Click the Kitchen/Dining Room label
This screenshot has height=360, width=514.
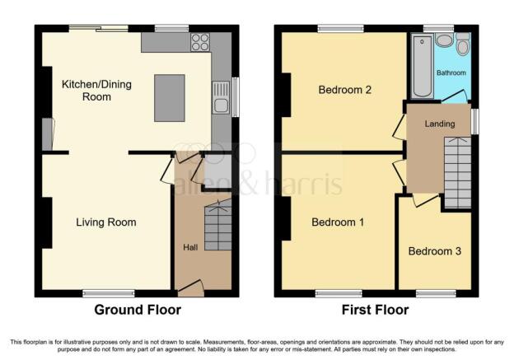tap(96, 91)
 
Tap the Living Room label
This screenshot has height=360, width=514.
tap(106, 222)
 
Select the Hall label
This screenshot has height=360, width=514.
tap(190, 247)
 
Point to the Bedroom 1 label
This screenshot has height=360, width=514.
tap(338, 222)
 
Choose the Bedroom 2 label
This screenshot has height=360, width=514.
tap(345, 90)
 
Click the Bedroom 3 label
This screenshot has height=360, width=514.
tap(435, 251)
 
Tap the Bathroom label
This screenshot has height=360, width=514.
tap(451, 72)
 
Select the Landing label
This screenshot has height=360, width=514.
tap(440, 124)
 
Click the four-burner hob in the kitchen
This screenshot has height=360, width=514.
tap(200, 42)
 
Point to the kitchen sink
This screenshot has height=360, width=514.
tap(221, 97)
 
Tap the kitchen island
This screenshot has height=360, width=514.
tap(170, 98)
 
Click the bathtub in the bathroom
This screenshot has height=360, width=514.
tap(423, 67)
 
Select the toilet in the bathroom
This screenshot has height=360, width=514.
tap(463, 44)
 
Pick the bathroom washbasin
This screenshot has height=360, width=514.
tap(445, 40)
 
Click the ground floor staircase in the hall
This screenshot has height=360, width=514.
tap(218, 226)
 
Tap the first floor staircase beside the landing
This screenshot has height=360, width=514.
tap(458, 172)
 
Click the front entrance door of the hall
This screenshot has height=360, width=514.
tap(191, 288)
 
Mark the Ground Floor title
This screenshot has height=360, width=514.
tap(138, 310)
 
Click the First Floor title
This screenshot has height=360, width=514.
tap(376, 310)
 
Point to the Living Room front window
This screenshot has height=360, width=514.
tap(109, 293)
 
